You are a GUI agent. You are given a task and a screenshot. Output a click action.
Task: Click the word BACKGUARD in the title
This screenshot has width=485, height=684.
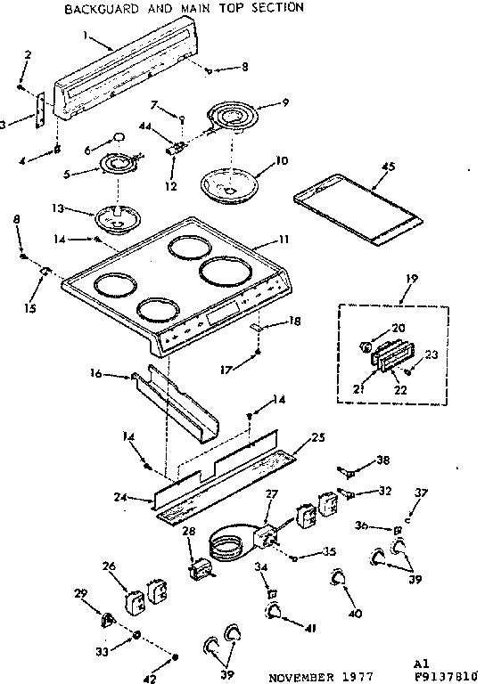tap(97, 7)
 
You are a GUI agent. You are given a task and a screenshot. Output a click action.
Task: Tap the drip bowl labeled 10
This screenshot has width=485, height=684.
tap(229, 182)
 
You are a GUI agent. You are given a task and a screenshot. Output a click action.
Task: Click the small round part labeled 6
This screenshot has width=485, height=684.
tap(119, 136)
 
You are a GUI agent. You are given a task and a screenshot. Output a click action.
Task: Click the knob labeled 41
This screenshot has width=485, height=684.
tap(274, 611)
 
